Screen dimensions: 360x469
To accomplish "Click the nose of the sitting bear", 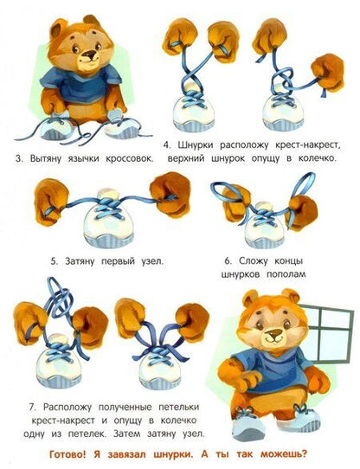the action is point(90,55).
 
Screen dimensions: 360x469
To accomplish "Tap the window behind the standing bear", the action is point(328,332).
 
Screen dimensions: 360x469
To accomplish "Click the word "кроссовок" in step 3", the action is point(129,158).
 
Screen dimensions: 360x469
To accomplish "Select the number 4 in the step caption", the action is point(167,145).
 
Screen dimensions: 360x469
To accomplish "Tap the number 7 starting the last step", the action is point(33,407).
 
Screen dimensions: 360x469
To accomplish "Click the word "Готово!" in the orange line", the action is point(67,454).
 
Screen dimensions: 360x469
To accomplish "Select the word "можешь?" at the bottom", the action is point(284,454).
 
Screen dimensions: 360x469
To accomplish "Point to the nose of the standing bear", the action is point(273,332).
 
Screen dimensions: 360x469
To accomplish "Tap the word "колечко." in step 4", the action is point(318,158).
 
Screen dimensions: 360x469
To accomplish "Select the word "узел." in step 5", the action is point(152,261).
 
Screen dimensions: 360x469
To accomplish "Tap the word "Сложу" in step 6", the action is point(253,261).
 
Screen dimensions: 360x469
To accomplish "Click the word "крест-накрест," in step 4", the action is point(308,145).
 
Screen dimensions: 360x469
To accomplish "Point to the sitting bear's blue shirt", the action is point(80,84).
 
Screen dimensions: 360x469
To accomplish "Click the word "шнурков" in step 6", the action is point(241,274).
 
